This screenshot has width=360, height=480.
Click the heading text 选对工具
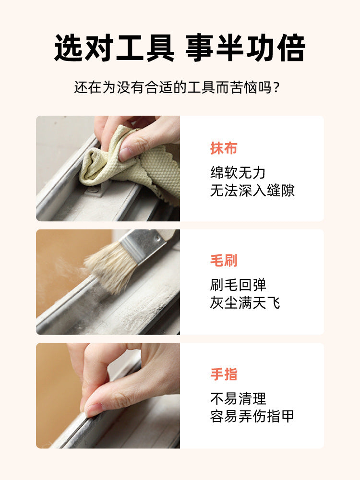point(114,48)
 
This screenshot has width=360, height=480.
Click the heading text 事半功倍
point(245,48)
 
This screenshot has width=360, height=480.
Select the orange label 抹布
point(224,148)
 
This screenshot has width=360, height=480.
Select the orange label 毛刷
point(224,261)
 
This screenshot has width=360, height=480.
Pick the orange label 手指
point(224,374)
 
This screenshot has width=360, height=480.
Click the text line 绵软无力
point(238,173)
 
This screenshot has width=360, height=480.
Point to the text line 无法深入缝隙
point(252,191)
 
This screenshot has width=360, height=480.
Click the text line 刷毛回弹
point(238,285)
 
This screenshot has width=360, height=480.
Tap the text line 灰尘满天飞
point(245,303)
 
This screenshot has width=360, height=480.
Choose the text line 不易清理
point(238,398)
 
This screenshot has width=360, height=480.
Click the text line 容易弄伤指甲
point(252,416)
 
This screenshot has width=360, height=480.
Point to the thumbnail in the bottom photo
point(94,409)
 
